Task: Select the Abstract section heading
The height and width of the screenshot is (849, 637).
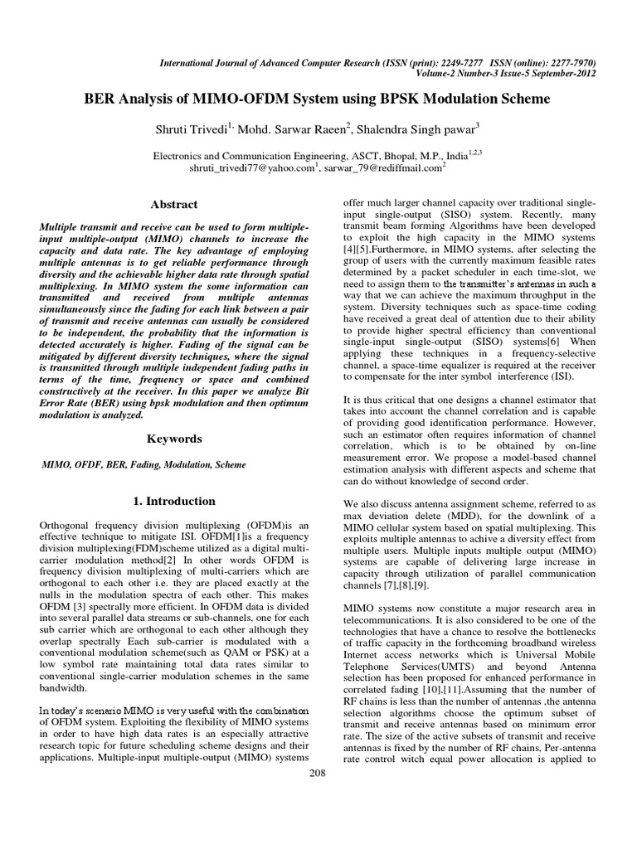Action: [x=174, y=204]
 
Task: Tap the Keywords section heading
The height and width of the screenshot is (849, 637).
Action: [x=174, y=438]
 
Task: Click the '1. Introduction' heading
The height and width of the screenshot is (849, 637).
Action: [x=174, y=501]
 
